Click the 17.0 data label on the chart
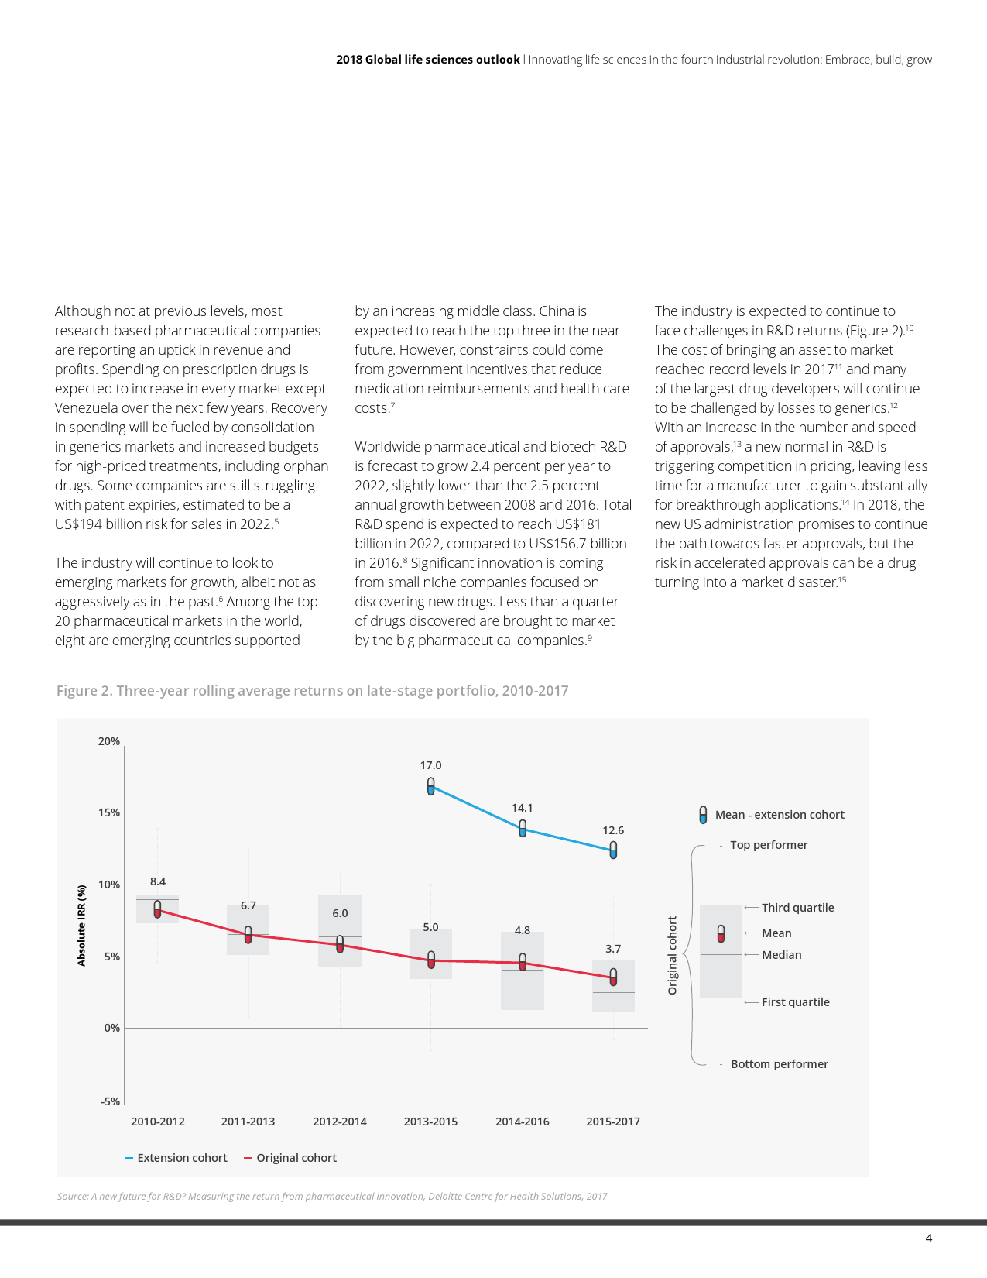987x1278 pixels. coord(430,765)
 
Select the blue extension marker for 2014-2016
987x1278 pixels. coord(523,828)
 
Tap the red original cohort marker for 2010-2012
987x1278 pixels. coord(157,909)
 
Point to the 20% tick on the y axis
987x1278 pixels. coord(109,741)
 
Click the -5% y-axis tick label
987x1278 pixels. coord(110,1101)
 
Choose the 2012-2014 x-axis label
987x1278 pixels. coord(340,1122)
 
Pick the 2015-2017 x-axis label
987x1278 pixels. coord(613,1122)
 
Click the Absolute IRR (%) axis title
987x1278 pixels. coord(81,925)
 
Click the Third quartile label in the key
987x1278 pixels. coord(797,908)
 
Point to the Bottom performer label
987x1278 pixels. coord(779,1064)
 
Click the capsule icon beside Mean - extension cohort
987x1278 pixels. coord(703,815)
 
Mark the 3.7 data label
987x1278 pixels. coord(613,949)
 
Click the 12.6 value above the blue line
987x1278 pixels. coord(613,830)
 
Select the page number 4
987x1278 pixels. coord(929,1238)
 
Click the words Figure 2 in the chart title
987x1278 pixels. coord(84,691)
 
